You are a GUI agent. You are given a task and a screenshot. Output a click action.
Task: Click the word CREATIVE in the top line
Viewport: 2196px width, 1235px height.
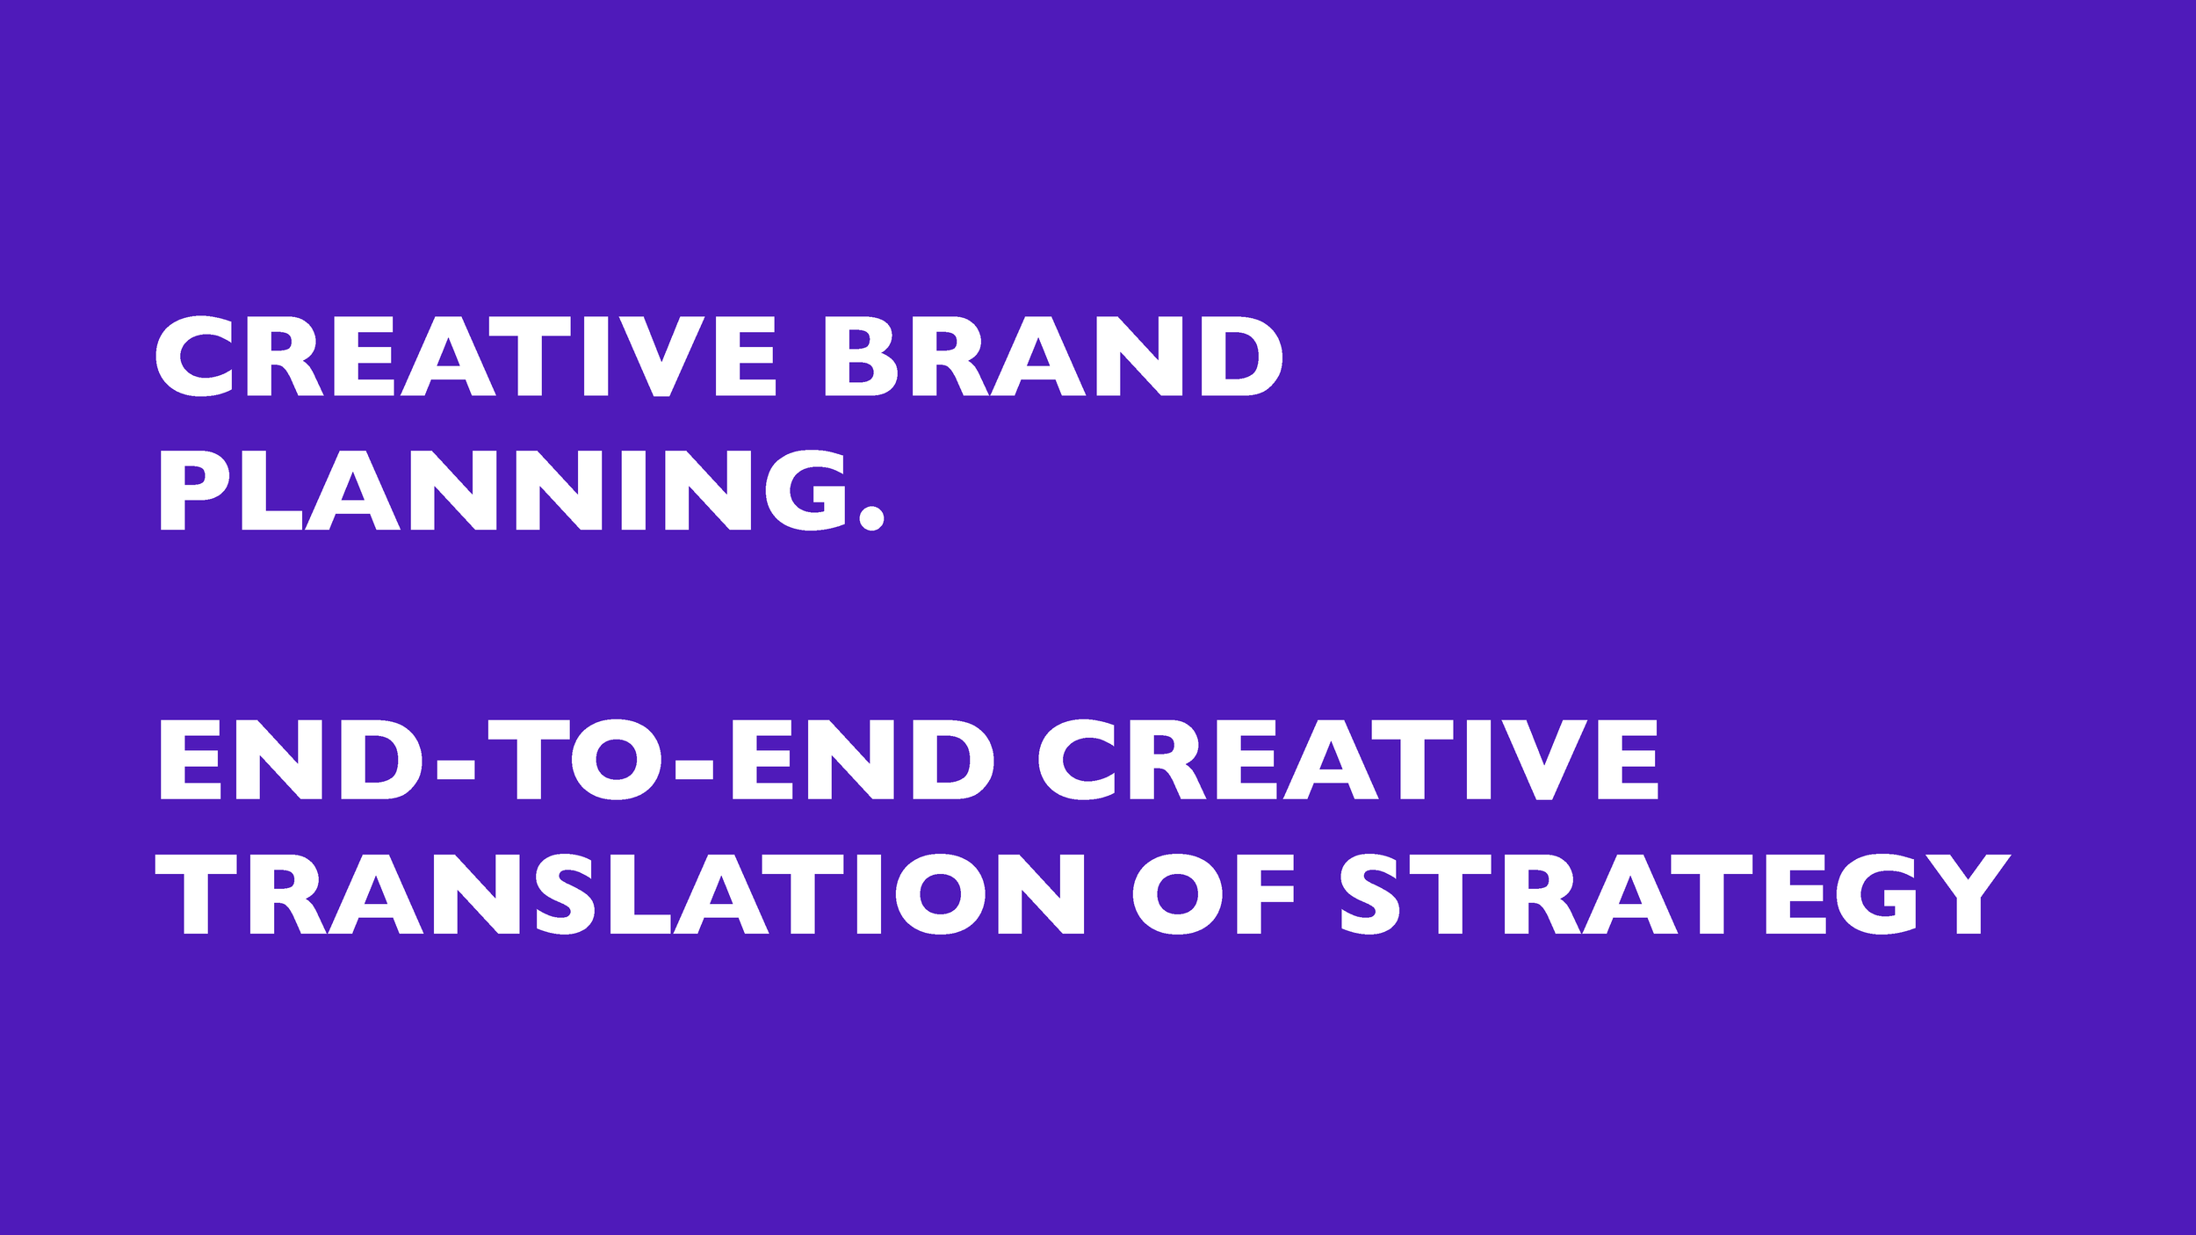coord(466,356)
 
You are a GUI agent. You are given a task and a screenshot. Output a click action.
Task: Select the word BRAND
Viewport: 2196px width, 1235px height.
coord(1053,356)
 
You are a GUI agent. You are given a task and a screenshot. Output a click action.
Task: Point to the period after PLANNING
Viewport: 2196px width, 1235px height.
coord(871,517)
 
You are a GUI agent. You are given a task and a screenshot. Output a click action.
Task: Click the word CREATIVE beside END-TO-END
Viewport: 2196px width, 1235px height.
coord(1348,760)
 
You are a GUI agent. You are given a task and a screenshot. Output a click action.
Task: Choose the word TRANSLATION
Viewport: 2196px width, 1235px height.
coord(620,893)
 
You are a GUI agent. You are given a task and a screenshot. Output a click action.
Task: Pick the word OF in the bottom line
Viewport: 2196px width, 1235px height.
coord(1214,893)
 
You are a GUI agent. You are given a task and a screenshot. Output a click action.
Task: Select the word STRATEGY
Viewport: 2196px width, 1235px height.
coord(1675,893)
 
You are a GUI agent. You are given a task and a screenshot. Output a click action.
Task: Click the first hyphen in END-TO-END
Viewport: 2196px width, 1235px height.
coord(455,770)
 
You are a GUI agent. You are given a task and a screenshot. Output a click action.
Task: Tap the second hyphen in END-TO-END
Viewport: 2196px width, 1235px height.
coord(694,770)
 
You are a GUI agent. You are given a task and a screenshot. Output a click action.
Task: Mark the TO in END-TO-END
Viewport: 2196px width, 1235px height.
coord(574,760)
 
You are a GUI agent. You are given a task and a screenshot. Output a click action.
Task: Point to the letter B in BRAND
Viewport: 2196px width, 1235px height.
coord(861,356)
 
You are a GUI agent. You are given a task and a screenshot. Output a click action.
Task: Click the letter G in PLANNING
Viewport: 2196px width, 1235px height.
coord(805,490)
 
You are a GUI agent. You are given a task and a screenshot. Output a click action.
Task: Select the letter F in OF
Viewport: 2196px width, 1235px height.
coord(1266,894)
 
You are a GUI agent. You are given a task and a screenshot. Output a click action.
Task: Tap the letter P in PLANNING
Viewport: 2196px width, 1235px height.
coord(194,491)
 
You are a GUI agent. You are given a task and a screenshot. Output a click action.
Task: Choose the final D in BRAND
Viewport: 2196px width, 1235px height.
coord(1242,356)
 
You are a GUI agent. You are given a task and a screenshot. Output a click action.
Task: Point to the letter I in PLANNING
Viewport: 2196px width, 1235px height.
coord(634,491)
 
